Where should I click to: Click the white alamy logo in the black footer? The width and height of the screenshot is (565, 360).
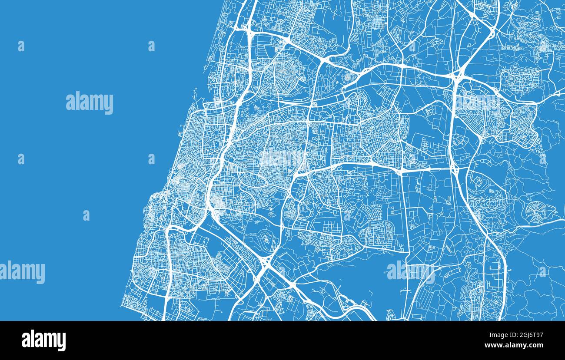coord(43,340)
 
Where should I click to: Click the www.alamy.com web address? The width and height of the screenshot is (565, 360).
coord(514,345)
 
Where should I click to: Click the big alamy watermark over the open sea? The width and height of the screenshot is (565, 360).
coord(90,103)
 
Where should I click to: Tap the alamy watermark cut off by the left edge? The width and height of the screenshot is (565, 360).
coord(22,272)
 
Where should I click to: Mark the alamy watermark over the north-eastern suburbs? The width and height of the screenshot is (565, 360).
coord(478,102)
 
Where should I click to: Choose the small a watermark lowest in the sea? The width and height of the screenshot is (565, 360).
coord(86,215)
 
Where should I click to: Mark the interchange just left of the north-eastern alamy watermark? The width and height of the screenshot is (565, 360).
coord(457,77)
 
